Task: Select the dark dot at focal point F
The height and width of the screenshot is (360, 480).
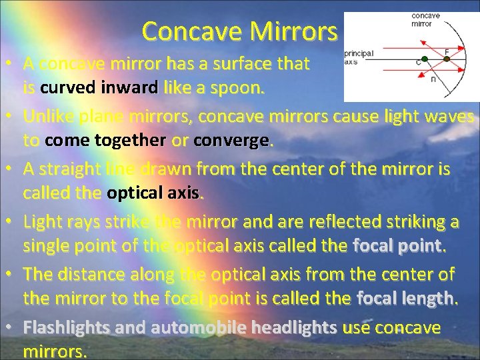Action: point(447,59)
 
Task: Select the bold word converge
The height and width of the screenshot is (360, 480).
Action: point(231,141)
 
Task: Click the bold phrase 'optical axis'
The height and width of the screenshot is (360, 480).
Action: point(153,193)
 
